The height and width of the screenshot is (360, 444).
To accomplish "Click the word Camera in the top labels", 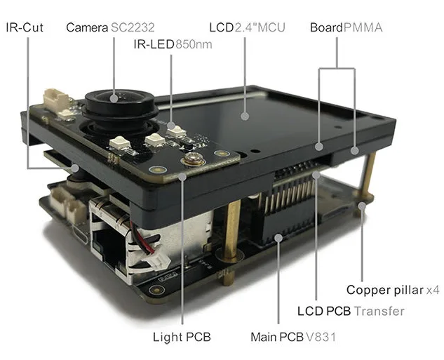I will [x=87, y=27].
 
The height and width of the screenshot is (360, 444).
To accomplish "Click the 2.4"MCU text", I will [x=260, y=27].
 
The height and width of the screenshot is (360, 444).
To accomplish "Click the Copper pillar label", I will [x=385, y=289].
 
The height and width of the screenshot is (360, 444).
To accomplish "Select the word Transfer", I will [x=379, y=310].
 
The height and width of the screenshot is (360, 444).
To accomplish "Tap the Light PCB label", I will [x=182, y=337].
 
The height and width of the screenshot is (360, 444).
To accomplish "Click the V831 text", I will [x=321, y=337].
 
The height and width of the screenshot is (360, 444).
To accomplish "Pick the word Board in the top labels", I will [x=326, y=27].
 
